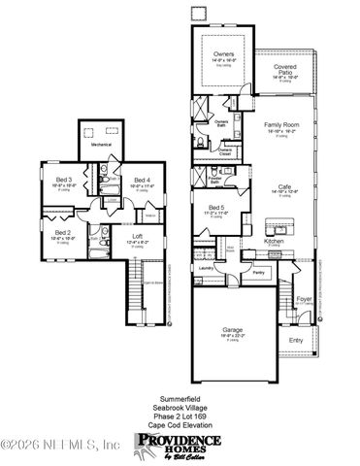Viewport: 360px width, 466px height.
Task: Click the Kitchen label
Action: pos(275,240)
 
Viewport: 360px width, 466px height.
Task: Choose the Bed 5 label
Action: pos(218,207)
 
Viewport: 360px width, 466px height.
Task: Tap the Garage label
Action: pos(232,330)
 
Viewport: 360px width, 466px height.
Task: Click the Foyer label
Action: pos(305,300)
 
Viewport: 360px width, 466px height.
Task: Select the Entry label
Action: pos(297,339)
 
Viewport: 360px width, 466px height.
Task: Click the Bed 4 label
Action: pos(142,180)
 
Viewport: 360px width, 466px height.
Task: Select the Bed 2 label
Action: pos(61,233)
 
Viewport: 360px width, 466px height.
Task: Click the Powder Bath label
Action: pos(215,181)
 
